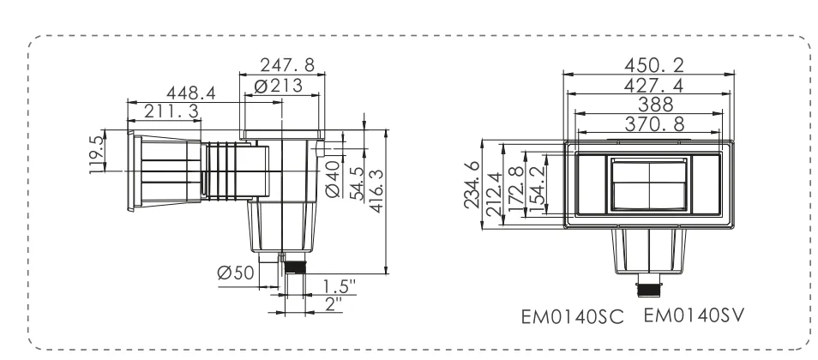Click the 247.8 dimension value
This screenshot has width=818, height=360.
coord(287,65)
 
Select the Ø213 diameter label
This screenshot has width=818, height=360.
coord(278,86)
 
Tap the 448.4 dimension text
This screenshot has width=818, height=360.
coord(191,93)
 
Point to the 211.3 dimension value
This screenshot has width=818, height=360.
coord(171,111)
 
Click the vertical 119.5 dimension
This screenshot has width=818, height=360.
coord(97,155)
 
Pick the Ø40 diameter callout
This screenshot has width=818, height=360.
coord(333,178)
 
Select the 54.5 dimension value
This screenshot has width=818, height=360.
coord(358,183)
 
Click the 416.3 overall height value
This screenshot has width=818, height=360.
coord(376,190)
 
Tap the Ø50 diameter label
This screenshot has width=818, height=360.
coord(236,273)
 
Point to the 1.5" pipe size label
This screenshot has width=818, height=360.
coord(339,286)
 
